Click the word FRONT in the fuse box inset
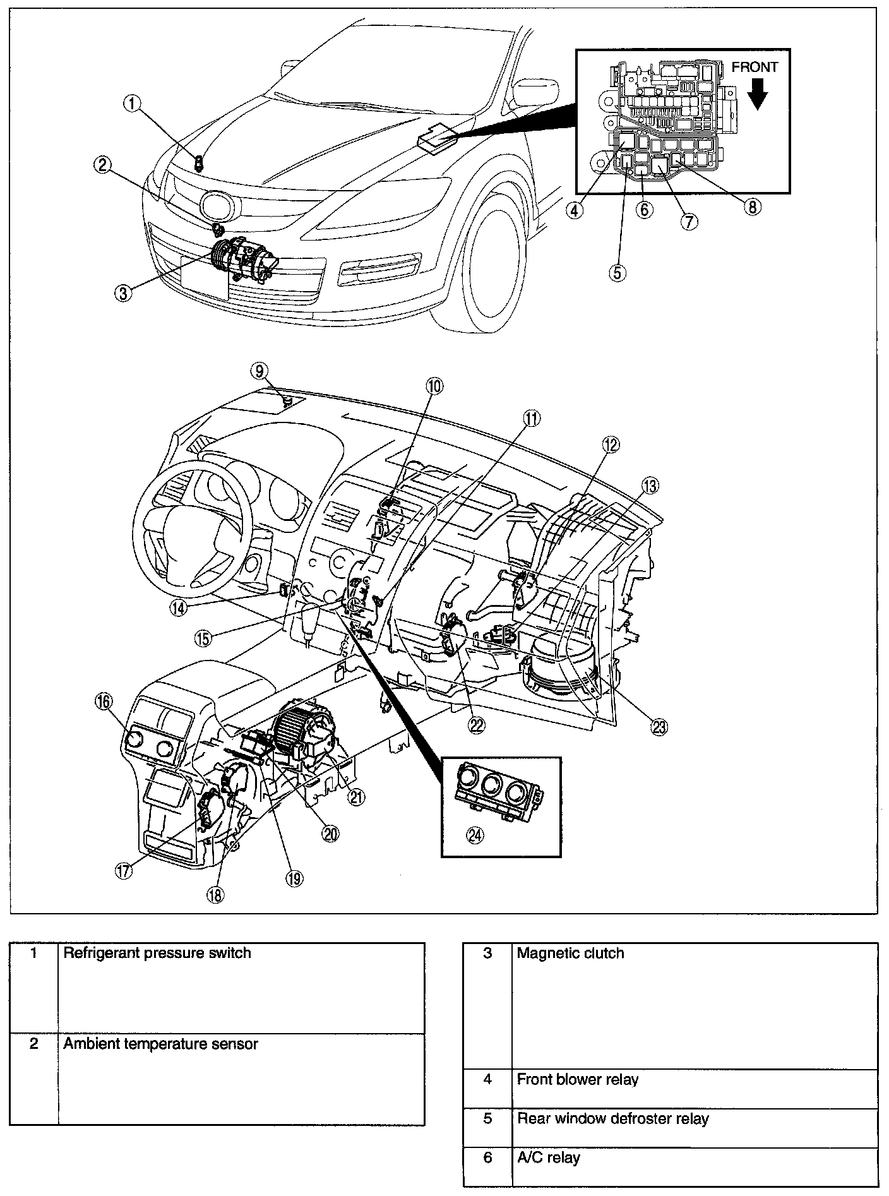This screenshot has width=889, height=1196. point(755,67)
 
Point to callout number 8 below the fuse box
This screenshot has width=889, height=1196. point(751,206)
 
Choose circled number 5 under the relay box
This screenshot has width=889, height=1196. point(618,272)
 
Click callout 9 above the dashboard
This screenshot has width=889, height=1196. point(259,371)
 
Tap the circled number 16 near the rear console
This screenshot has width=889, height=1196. point(103,701)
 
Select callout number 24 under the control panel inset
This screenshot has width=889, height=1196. point(474,835)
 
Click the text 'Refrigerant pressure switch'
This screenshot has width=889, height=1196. point(157,953)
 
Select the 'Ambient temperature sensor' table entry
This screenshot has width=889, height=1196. point(160,1044)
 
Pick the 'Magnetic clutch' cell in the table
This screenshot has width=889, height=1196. point(570,953)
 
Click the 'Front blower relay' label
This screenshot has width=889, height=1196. point(577,1079)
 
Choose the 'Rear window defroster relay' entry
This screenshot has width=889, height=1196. point(612,1118)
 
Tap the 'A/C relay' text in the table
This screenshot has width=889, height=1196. point(548,1157)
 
